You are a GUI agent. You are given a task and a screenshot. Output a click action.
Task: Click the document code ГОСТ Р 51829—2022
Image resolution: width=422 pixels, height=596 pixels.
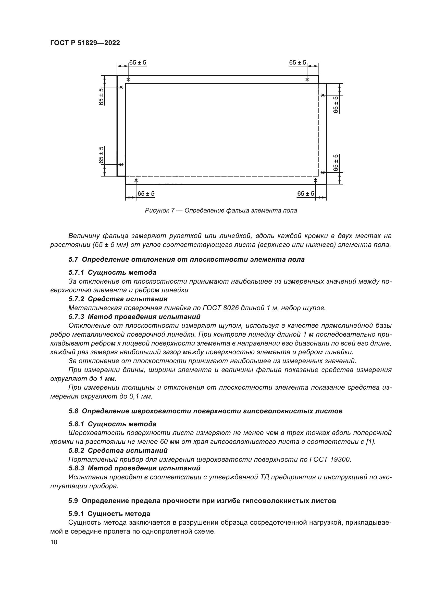85,43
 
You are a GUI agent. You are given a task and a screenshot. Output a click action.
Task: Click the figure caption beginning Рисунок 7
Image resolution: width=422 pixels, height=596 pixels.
221,210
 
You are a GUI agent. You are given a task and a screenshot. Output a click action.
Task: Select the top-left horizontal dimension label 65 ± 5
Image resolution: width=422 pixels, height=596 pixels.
138,63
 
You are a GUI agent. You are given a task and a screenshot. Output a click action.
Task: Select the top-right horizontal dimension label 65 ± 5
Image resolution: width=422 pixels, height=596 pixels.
297,63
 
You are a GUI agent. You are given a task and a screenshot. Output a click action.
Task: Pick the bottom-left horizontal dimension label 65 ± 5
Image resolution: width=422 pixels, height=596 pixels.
146,194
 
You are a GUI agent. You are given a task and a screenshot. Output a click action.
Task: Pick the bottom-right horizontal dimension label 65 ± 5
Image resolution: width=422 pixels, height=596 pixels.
306,194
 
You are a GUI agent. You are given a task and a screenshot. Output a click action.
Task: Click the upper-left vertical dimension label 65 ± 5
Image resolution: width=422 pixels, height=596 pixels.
101,96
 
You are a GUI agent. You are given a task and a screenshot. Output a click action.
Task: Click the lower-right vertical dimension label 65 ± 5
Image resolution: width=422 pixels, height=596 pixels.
336,163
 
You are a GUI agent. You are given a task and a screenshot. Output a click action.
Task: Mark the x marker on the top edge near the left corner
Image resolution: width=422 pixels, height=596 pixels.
128,80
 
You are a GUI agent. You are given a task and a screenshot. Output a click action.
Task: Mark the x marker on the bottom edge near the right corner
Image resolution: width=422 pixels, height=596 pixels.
316,180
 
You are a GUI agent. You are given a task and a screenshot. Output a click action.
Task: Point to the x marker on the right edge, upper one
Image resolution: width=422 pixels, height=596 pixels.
322,95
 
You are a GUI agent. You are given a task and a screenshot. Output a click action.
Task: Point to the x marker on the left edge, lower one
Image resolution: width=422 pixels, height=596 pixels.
121,164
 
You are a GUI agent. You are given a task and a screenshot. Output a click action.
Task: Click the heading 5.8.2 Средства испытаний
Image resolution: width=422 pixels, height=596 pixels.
118,450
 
